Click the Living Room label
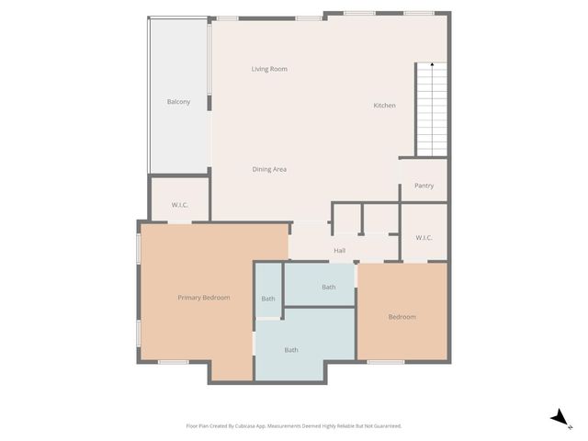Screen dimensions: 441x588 coord(270,69)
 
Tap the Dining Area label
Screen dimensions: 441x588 coord(270,169)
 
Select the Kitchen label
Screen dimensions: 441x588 coord(384,106)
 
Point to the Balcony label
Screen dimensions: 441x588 coord(178,101)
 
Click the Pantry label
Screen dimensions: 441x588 coord(424,186)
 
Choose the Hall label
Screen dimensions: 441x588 coord(339,250)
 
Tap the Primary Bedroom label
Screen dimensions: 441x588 coord(203,298)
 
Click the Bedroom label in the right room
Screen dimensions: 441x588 coord(401,317)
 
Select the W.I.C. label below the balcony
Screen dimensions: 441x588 coord(180,205)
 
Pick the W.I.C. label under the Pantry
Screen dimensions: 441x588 coord(424,238)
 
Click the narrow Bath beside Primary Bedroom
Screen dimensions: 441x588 coord(268,299)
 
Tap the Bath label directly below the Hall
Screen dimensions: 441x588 coord(328,288)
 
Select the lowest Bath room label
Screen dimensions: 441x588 coord(291,350)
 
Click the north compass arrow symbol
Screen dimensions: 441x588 coord(557,417)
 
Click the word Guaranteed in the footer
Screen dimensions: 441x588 coord(384,426)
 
